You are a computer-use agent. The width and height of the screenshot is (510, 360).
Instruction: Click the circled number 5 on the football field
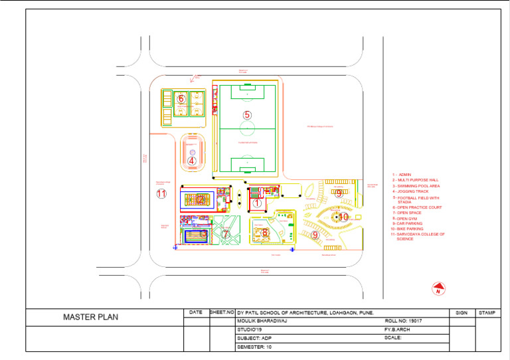point(247,115)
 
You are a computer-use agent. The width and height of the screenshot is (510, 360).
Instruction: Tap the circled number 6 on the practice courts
point(181,99)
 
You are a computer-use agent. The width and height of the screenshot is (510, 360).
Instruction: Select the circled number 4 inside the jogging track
point(191,160)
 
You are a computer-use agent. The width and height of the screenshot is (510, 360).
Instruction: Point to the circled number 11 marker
point(161,194)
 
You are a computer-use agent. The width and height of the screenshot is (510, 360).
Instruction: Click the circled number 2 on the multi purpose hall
point(200,199)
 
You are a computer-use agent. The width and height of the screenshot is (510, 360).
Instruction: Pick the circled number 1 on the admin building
point(257,204)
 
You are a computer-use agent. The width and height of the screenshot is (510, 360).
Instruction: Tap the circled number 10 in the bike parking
point(343,217)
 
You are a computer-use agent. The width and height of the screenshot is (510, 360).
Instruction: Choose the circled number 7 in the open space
point(225,234)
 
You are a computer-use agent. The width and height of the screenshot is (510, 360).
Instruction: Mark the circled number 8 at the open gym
point(265,232)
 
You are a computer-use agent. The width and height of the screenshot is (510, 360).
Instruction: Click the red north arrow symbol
point(438,289)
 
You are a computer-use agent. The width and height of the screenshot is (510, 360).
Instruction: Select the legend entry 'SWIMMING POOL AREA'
point(416,186)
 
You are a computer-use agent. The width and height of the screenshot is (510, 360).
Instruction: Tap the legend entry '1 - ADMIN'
point(402,175)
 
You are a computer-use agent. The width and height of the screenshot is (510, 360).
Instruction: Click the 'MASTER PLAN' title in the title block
point(90,317)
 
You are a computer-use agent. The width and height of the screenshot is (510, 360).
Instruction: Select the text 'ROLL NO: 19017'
point(403,320)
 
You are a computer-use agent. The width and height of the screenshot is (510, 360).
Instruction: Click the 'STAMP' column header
point(486,312)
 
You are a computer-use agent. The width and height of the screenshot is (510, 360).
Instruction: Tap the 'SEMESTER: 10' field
point(254,346)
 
